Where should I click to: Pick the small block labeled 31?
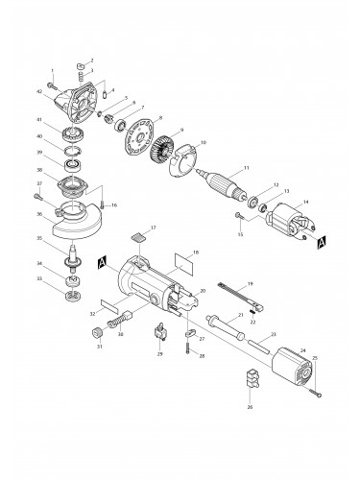click(96, 333)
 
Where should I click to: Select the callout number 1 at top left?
click(54, 70)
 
